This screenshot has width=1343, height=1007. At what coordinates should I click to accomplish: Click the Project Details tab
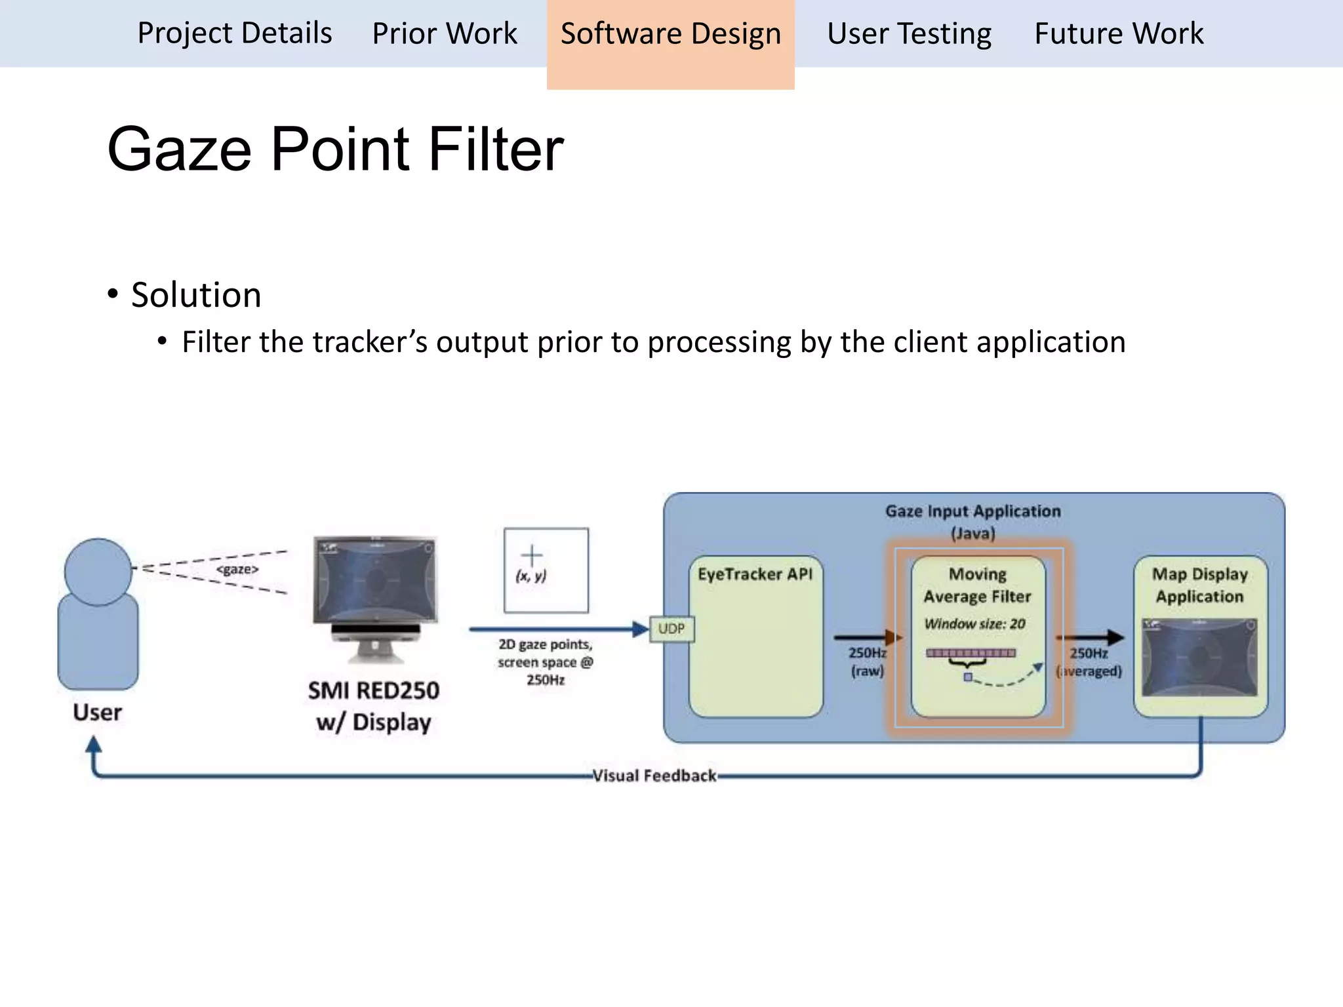pyautogui.click(x=234, y=33)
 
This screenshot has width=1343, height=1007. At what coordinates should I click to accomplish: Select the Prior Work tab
pyautogui.click(x=445, y=33)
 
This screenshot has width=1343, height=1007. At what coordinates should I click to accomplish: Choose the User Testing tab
pyautogui.click(x=909, y=33)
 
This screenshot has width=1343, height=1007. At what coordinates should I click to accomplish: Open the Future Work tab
pyautogui.click(x=1119, y=33)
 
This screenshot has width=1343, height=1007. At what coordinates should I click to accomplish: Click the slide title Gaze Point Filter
pyautogui.click(x=335, y=149)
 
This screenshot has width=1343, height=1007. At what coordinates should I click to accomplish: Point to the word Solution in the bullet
pyautogui.click(x=196, y=294)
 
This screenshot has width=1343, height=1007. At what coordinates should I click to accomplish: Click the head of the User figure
pyautogui.click(x=98, y=572)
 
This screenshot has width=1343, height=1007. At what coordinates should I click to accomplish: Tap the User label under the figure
pyautogui.click(x=97, y=712)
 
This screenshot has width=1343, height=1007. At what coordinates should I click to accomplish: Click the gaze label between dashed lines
pyautogui.click(x=237, y=569)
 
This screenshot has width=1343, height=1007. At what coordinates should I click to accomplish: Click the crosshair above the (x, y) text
pyautogui.click(x=532, y=555)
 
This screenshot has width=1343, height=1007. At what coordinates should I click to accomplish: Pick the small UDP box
pyautogui.click(x=671, y=629)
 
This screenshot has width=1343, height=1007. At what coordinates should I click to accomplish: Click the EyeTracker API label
pyautogui.click(x=755, y=574)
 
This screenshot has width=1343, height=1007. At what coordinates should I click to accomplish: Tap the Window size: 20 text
pyautogui.click(x=974, y=623)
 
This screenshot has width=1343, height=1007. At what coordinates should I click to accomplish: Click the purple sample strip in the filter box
pyautogui.click(x=971, y=653)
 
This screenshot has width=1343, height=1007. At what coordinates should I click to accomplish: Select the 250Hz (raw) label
pyautogui.click(x=867, y=661)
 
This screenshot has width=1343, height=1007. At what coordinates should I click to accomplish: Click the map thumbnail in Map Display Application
pyautogui.click(x=1199, y=657)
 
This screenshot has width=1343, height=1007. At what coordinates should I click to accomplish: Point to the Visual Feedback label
pyautogui.click(x=654, y=776)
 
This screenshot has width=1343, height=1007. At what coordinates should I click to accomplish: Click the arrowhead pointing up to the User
pyautogui.click(x=94, y=743)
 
